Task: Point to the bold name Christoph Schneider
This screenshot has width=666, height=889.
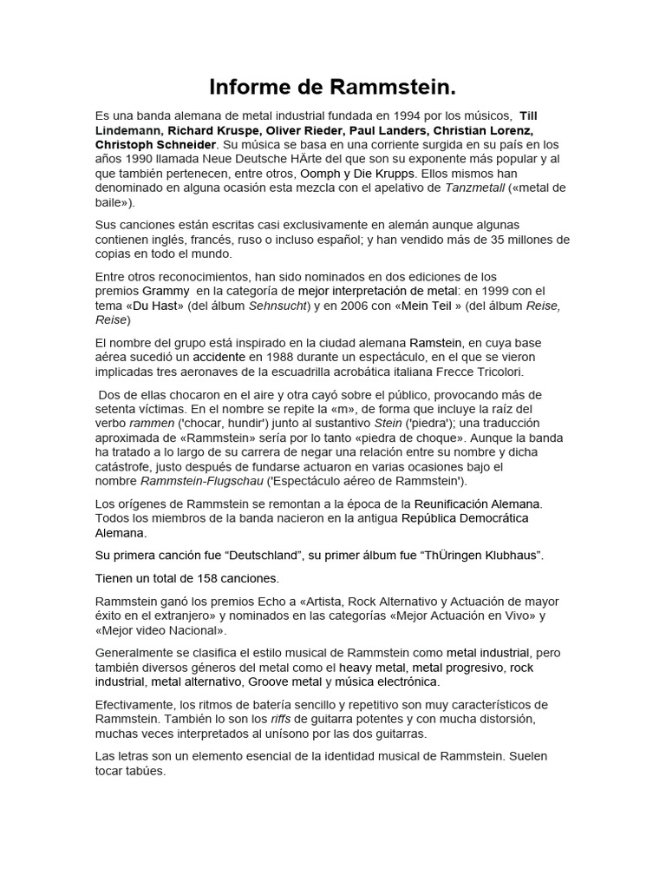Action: click(x=155, y=144)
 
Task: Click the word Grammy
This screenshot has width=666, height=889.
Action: click(x=165, y=291)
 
